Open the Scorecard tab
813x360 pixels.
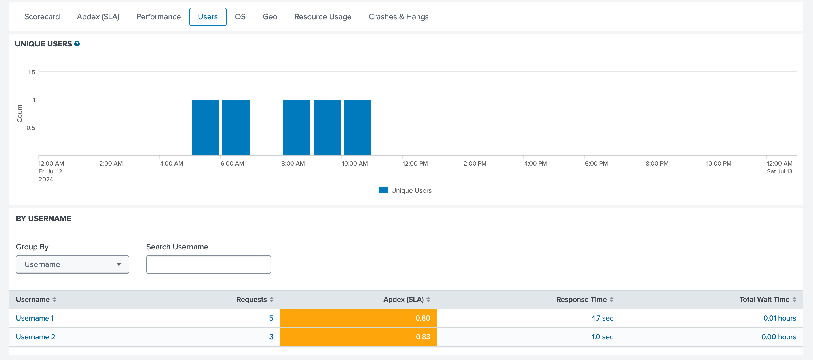[42, 17]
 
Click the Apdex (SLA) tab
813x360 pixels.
[98, 17]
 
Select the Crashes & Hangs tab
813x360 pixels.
[398, 17]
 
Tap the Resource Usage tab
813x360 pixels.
[322, 17]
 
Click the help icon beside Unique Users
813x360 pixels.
[77, 44]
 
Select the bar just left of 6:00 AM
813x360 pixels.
[206, 128]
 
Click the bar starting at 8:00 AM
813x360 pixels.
[296, 128]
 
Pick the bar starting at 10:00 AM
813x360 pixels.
[357, 128]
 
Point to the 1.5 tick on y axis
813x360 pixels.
[31, 72]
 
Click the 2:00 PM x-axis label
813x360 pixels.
[475, 164]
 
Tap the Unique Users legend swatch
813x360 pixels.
[383, 190]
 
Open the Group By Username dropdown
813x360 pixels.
[72, 264]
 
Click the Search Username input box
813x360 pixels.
[208, 264]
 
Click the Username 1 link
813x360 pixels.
[35, 318]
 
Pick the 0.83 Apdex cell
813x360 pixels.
[358, 337]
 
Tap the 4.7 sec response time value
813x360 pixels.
[602, 318]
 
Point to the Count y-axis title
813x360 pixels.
[20, 114]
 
